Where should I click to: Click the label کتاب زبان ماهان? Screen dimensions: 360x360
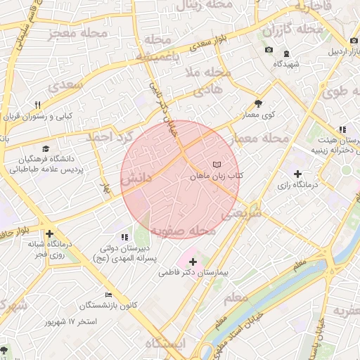pyautogui.click(x=216, y=176)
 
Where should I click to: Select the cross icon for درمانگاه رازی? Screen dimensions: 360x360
pyautogui.click(x=297, y=173)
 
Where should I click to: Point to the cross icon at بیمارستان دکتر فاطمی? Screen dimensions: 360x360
pyautogui.click(x=193, y=262)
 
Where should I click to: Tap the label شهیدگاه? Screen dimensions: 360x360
pyautogui.click(x=287, y=64)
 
